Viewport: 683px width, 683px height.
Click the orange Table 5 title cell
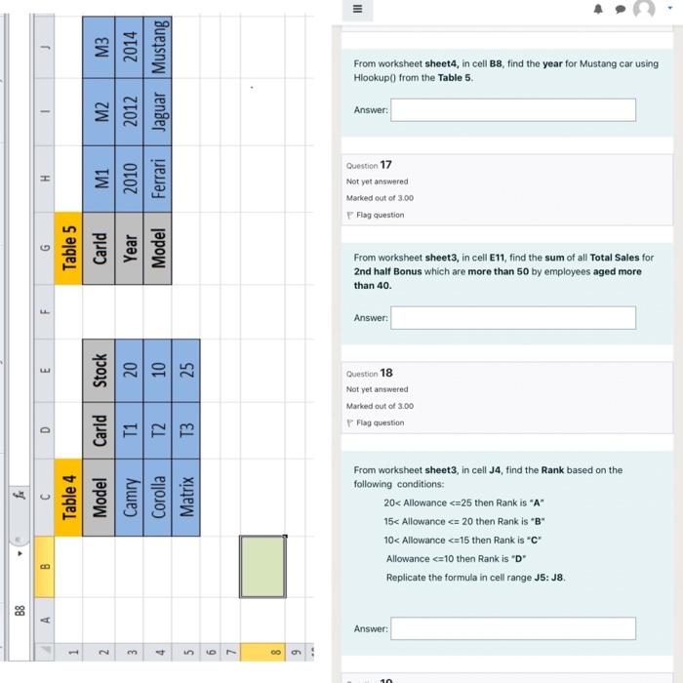pyautogui.click(x=68, y=248)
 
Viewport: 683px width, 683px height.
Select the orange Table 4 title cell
pyautogui.click(x=68, y=498)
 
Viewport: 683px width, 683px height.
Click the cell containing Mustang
pyautogui.click(x=157, y=48)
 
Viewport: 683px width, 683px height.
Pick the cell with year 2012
pyautogui.click(x=130, y=112)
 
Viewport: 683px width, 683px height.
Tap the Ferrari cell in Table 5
pyautogui.click(x=157, y=179)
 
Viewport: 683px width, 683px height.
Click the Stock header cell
pyautogui.click(x=99, y=371)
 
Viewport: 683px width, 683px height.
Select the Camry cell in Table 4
pyautogui.click(x=130, y=498)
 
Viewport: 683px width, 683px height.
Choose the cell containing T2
pyautogui.click(x=157, y=430)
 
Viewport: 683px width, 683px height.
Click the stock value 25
pyautogui.click(x=186, y=371)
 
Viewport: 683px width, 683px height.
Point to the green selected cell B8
pyautogui.click(x=262, y=567)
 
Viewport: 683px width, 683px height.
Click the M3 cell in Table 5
pyautogui.click(x=99, y=48)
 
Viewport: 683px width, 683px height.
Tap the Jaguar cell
pyautogui.click(x=157, y=112)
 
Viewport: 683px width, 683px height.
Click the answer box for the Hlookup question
pyautogui.click(x=513, y=109)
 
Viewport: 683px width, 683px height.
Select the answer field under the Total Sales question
pyautogui.click(x=513, y=317)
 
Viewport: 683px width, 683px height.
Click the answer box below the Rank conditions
pyautogui.click(x=513, y=628)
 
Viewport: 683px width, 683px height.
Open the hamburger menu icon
pyautogui.click(x=358, y=9)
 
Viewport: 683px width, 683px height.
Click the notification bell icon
pyautogui.click(x=598, y=9)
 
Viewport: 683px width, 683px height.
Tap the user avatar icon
pyautogui.click(x=644, y=8)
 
